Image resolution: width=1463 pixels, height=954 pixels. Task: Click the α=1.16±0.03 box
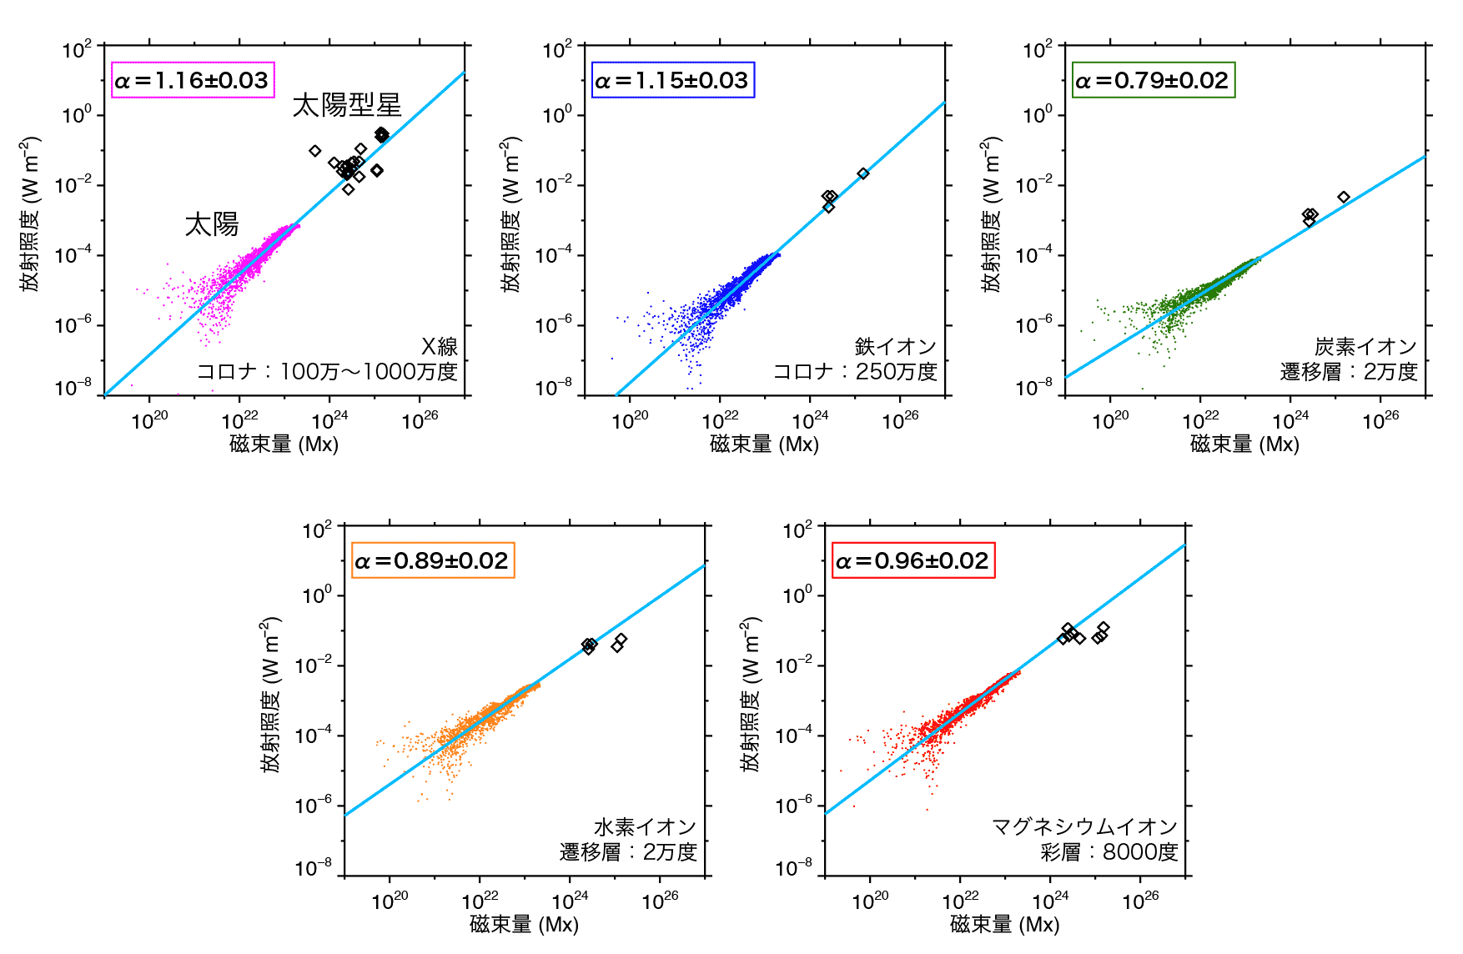coord(193,80)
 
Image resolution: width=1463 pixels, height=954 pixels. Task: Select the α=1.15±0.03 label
coord(672,80)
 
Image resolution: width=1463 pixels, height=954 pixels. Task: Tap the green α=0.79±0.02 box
coord(1153,80)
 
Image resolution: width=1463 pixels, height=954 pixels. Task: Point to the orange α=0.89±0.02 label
coord(432,560)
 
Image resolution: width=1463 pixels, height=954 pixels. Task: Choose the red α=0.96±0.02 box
coord(913,560)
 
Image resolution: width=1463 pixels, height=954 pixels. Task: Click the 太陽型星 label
coord(347,105)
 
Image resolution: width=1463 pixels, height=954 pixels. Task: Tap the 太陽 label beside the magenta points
coord(212,224)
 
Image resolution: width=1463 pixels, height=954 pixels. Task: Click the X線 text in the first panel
coord(439,347)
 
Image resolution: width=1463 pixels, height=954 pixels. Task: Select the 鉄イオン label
coord(895,347)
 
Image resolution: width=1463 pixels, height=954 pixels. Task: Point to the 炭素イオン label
coord(1365,347)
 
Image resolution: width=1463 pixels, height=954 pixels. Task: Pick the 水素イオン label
coord(645,827)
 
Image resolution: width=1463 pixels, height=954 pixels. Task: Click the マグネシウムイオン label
coord(1084,827)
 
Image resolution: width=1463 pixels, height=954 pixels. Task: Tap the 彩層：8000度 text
coord(1109,852)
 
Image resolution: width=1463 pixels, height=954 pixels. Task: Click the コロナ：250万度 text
coord(855,372)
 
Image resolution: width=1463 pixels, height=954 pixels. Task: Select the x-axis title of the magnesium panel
coord(1004,924)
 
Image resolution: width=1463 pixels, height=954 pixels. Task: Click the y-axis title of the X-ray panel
coord(31,214)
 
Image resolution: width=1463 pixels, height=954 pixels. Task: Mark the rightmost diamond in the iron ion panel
coord(863,173)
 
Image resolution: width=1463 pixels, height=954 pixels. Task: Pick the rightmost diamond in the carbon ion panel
coord(1344,198)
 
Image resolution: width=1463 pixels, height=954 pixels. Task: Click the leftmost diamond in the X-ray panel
coord(315,151)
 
